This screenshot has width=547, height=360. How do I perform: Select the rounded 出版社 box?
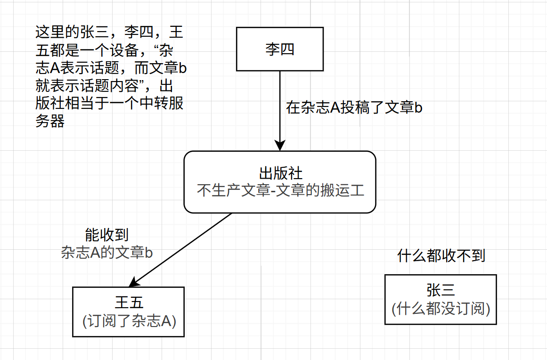point(280,182)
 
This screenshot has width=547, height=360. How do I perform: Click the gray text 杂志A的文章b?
point(106,253)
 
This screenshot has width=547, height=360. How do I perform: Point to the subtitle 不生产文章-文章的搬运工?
point(280,191)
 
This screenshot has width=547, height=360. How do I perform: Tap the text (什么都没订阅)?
point(441,309)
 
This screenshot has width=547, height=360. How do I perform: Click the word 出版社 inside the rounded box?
point(280,173)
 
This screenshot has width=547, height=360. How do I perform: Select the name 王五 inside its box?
point(128,303)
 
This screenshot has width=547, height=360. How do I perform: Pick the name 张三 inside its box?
point(441,290)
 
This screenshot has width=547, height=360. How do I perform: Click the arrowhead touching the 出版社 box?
point(280,146)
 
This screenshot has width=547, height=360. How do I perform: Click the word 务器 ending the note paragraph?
point(50,122)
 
